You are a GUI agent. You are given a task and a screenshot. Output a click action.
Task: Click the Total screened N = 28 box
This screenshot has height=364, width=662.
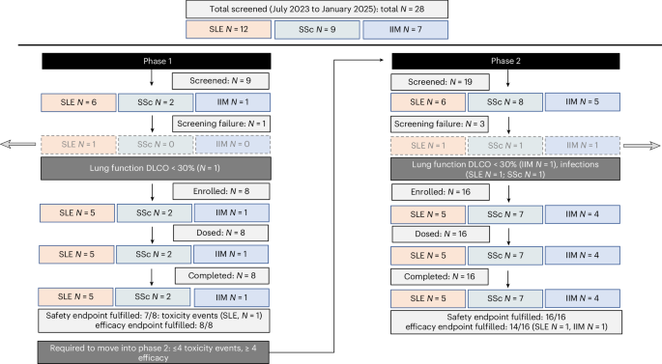pos(331,9)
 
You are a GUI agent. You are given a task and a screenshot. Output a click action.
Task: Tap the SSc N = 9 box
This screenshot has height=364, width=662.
pos(331,29)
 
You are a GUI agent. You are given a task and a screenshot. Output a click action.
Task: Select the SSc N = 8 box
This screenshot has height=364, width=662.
pos(506,101)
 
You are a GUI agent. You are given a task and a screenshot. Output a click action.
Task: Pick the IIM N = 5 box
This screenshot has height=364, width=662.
pos(584,101)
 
